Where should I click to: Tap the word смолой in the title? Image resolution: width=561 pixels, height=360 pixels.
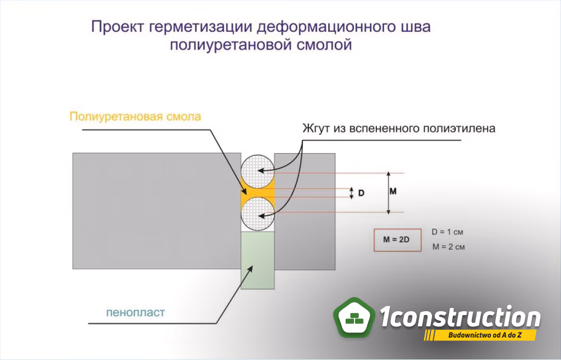(x=323, y=45)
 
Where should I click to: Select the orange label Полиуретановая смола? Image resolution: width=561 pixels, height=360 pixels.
(x=135, y=117)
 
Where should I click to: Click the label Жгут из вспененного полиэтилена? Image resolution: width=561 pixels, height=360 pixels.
(x=399, y=128)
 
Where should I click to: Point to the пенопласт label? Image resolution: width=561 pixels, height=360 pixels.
(x=136, y=312)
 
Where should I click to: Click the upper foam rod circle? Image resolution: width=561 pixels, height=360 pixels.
(x=257, y=172)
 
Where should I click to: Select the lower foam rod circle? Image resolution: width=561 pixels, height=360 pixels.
(x=257, y=214)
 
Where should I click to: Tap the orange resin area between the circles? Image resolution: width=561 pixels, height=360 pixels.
(x=257, y=193)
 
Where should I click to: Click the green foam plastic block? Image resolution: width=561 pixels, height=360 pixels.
(x=257, y=260)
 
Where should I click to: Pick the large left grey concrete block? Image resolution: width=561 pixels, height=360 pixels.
(x=157, y=211)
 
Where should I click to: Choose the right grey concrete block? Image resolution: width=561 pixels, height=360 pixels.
(x=305, y=211)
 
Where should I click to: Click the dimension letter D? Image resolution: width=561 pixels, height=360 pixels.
(x=361, y=193)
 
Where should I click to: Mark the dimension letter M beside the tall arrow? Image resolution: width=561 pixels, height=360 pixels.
(x=393, y=191)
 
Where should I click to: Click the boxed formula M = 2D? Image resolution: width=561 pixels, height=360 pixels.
(x=398, y=240)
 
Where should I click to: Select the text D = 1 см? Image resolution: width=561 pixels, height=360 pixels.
(x=447, y=232)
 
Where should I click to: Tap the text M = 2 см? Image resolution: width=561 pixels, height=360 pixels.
(x=448, y=247)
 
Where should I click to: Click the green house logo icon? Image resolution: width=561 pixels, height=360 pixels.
(x=354, y=317)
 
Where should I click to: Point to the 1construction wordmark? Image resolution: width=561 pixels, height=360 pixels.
(x=460, y=316)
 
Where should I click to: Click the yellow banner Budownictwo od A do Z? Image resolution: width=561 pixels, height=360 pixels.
(x=480, y=335)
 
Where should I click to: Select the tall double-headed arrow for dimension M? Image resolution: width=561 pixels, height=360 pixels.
(x=389, y=193)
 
